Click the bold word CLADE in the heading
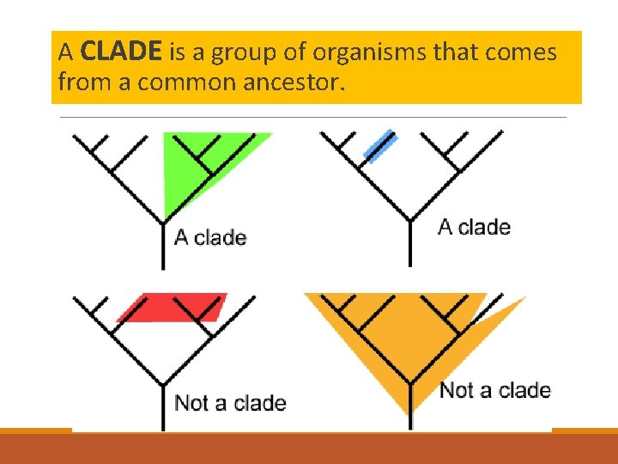pos(119,52)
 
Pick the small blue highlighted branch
pos(379,145)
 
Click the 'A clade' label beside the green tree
pos(210,237)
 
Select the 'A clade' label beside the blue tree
pos(474,228)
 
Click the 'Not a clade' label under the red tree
pos(230,403)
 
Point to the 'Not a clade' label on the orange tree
pos(494,391)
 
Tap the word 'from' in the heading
pos(76,82)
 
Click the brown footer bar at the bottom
pos(309,449)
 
